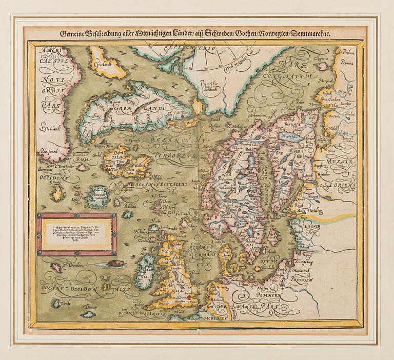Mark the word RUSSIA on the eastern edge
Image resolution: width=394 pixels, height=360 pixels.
point(339,163)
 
